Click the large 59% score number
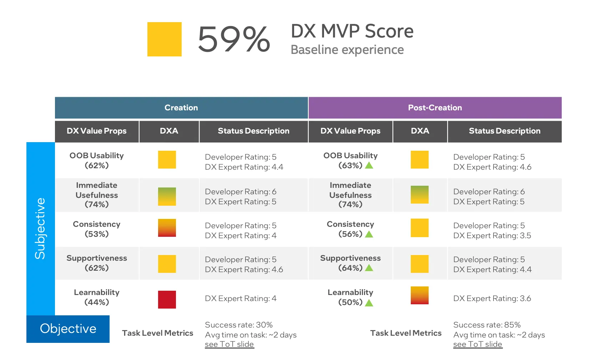pos(234,39)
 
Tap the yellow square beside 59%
pos(165,39)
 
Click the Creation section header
pos(181,108)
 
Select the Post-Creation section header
pos(435,108)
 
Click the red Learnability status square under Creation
pos(167,300)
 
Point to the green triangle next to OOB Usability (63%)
pos(369,165)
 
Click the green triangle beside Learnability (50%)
pos(369,303)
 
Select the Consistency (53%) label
pos(97,229)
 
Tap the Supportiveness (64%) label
pos(350,263)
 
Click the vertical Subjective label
pos(40,229)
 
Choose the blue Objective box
pos(68,329)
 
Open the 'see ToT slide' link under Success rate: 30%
pos(229,344)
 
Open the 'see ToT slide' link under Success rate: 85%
pos(478,344)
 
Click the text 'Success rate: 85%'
pos(487,325)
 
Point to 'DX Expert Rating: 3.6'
pos(492,299)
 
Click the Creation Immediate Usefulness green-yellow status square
pos(167,196)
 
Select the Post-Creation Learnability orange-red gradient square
pos(420,295)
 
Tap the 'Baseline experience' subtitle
pos(347,50)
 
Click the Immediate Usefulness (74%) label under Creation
pos(97,195)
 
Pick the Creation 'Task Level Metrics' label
pos(157,333)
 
